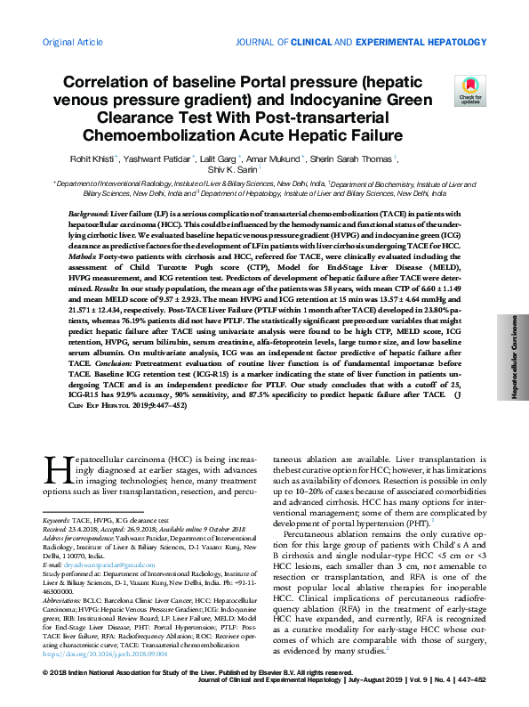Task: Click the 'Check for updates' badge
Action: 469,89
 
